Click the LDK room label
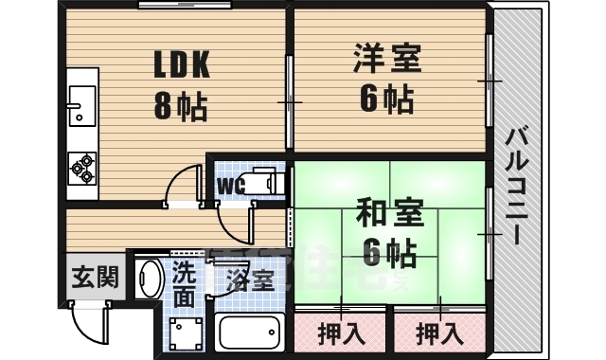183,63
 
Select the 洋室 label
387,59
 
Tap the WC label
232,185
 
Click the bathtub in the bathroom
251,333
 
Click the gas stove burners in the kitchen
80,168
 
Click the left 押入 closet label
340,333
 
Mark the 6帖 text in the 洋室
387,98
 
